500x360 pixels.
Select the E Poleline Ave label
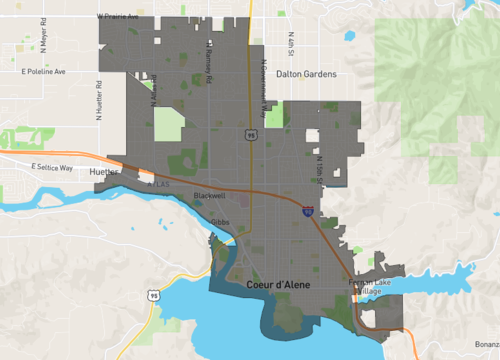pyautogui.click(x=43, y=72)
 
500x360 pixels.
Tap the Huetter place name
pyautogui.click(x=103, y=173)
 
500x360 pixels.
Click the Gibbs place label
pyautogui.click(x=221, y=221)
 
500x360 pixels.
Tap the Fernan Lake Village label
pyautogui.click(x=372, y=288)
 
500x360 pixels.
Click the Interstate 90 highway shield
pyautogui.click(x=307, y=212)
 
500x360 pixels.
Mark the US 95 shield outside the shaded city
pyautogui.click(x=152, y=296)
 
